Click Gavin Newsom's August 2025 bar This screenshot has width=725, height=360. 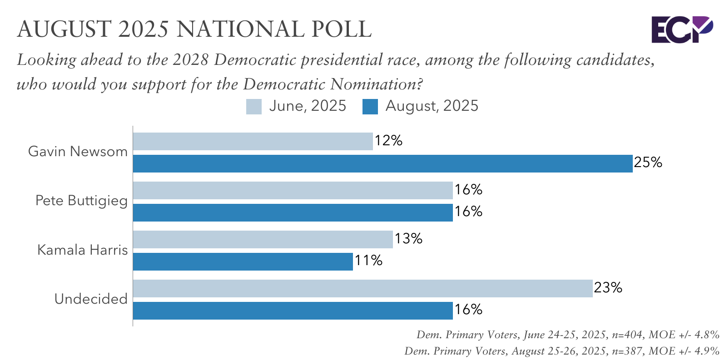[x=382, y=163]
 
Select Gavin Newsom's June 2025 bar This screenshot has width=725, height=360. [x=253, y=141]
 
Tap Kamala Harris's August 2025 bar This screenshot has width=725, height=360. [x=243, y=261]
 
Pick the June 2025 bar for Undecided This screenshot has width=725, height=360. [x=362, y=288]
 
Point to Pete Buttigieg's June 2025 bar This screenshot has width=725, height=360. [x=293, y=190]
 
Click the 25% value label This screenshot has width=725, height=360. [x=648, y=163]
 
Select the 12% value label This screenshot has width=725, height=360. [x=388, y=141]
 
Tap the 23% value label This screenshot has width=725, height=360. [x=608, y=288]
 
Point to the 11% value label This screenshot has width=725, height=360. [x=368, y=261]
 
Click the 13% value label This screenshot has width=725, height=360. [x=408, y=239]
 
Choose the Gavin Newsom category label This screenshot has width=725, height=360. [x=78, y=152]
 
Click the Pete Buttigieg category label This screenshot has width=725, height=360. [x=81, y=201]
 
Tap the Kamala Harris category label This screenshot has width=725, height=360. [x=82, y=250]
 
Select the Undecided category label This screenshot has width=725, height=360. [x=91, y=299]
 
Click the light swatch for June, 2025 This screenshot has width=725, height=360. [x=254, y=107]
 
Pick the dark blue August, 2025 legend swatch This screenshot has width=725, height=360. [x=370, y=107]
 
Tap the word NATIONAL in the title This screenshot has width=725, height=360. [x=241, y=29]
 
